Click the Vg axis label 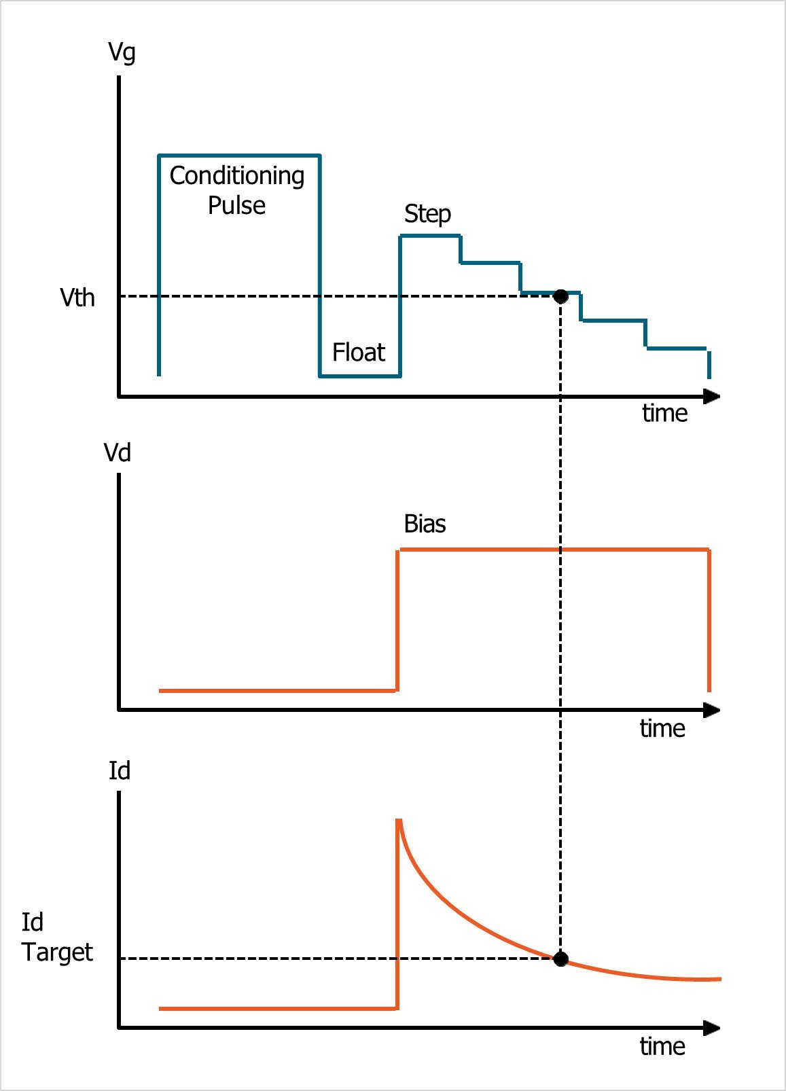[122, 52]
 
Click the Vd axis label [118, 452]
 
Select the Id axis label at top [120, 770]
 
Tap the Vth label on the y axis [77, 298]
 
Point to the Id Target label [56, 937]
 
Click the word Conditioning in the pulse [236, 176]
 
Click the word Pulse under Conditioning [236, 205]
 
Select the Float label [359, 352]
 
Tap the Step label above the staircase [427, 213]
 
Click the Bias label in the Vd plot [425, 524]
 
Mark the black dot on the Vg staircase [560, 296]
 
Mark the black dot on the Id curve [560, 959]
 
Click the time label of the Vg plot [664, 413]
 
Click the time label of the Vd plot [662, 728]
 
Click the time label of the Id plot [662, 1046]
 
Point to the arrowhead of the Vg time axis [711, 396]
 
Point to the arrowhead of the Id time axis [711, 1028]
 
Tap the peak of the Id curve [399, 821]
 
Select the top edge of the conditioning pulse [239, 156]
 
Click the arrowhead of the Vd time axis [711, 710]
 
